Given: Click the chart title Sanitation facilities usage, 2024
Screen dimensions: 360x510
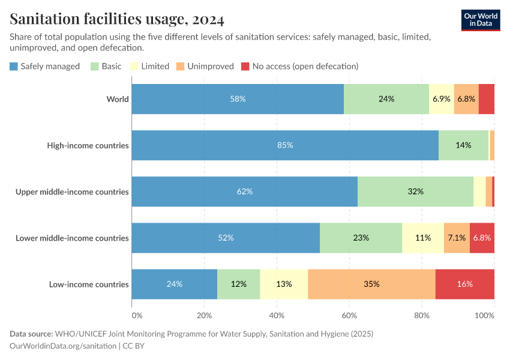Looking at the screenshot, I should coord(117,20).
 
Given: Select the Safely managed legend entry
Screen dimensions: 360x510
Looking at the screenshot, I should coord(45,66).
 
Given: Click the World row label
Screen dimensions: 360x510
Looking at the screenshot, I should coord(118,99).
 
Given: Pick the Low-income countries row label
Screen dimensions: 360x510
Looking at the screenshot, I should coord(89,284).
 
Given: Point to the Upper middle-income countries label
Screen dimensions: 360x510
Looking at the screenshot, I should coord(72,191).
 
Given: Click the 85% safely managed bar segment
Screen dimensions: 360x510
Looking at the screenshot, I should coord(285,145).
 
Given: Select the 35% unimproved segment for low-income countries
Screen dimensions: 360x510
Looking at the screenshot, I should coord(371,284).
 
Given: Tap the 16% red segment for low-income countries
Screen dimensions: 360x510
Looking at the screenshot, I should coord(464,284).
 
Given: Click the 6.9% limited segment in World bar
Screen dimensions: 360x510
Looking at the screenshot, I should coord(442,99).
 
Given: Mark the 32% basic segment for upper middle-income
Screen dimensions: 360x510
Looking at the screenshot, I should coord(415,191).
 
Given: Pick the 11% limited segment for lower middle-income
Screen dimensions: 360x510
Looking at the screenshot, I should coord(423,238).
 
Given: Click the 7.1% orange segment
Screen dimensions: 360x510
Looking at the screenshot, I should coord(457,238).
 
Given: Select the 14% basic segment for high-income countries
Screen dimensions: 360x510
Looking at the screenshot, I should coord(463,145).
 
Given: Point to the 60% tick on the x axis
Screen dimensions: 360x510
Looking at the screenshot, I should coord(350,315).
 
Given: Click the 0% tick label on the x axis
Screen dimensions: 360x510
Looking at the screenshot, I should coord(137,315).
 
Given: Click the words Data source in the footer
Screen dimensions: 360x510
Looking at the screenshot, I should coord(31,334).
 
